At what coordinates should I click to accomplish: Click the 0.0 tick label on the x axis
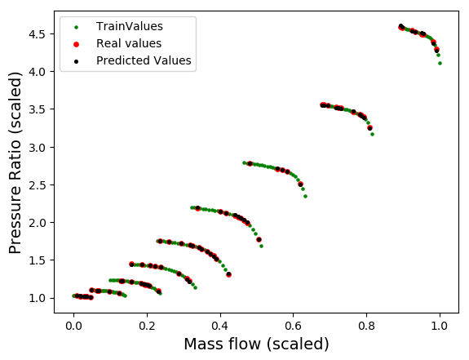point(73,326)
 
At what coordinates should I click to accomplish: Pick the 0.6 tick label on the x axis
point(294,326)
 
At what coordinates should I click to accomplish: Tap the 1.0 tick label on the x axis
point(440,326)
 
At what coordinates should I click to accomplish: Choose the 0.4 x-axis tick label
point(220,326)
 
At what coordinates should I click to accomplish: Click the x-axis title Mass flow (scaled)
point(256,344)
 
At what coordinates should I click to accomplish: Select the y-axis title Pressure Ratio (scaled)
point(15,163)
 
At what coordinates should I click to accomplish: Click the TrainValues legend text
point(130,26)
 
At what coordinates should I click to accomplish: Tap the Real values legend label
point(129,43)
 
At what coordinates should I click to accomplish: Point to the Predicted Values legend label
point(144,60)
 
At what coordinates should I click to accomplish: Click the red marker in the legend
point(77,44)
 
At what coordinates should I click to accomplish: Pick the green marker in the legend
point(77,27)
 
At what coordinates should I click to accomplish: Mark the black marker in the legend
point(77,61)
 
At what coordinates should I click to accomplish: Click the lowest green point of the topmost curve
point(440,63)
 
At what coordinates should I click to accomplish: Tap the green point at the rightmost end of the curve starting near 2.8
point(305,196)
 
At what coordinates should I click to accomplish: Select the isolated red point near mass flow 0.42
point(229,274)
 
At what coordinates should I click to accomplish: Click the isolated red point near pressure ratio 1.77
point(259,239)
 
